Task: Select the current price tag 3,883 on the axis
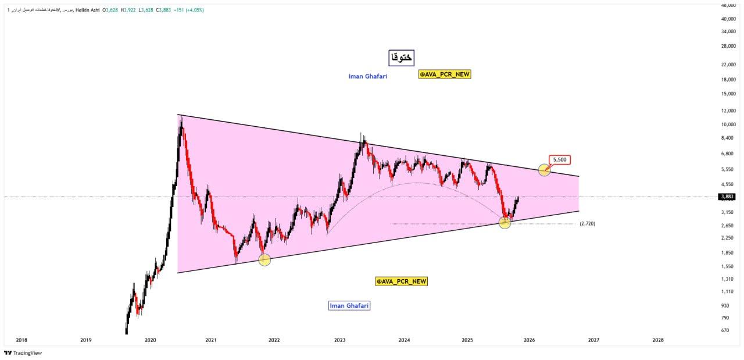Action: [727, 197]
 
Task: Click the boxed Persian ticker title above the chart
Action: [401, 57]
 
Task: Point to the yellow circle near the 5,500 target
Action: [544, 170]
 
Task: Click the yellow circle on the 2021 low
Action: [264, 260]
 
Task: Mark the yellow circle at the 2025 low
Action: [505, 223]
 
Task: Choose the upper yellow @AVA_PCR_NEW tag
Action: [445, 74]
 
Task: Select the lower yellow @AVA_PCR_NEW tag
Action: [401, 281]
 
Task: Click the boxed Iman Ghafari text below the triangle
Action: [349, 305]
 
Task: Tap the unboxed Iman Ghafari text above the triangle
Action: [367, 76]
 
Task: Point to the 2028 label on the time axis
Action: [658, 340]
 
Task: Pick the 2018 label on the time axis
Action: [22, 340]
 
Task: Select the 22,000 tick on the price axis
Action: [728, 63]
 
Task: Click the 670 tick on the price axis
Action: [725, 330]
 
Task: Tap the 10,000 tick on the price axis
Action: [728, 124]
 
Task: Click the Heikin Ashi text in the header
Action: [88, 10]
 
